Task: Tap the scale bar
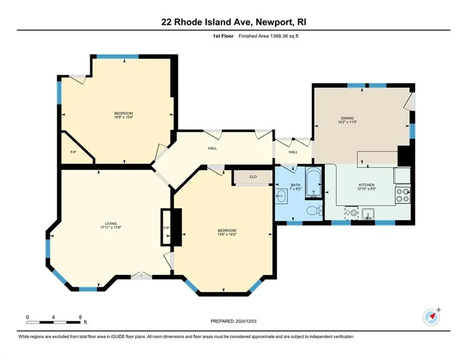54,322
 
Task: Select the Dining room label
347,118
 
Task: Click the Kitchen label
366,185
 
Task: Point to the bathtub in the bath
313,183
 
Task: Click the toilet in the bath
314,211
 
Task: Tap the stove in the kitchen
403,195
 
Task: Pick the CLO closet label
253,177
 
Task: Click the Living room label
111,224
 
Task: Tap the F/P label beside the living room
166,228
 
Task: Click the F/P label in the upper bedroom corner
73,152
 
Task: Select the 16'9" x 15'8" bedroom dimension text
124,117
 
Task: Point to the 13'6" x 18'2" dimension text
227,234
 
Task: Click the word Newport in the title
274,22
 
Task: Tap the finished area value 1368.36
278,36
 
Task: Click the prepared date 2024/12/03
246,321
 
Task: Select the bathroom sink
281,196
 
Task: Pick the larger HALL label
213,148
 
